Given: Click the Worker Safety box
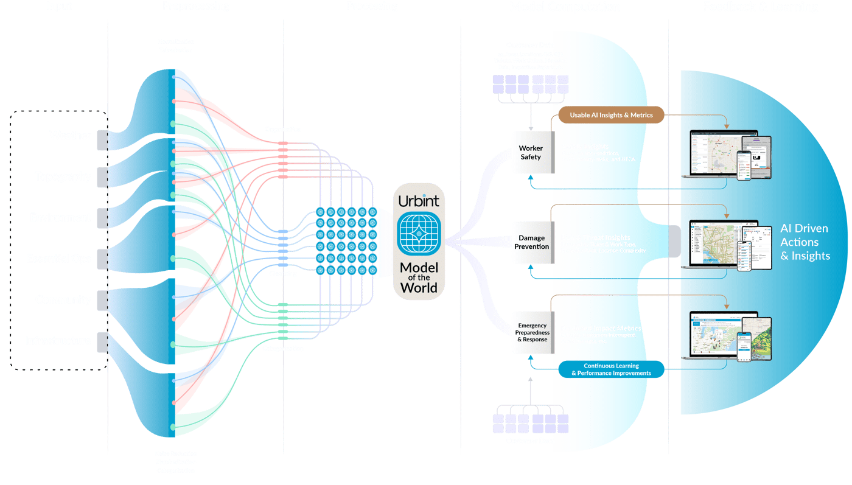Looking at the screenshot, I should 531,153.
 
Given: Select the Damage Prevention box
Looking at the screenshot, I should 532,242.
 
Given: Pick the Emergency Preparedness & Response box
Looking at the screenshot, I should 532,332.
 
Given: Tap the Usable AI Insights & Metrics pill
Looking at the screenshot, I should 611,115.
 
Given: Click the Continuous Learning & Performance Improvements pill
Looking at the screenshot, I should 611,369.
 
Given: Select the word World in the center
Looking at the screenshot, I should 418,287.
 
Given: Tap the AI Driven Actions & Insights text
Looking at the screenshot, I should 805,242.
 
